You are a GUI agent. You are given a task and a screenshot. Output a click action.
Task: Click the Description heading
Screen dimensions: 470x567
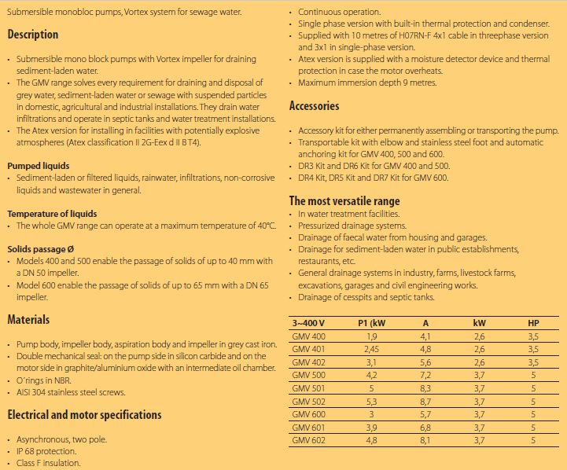pos(33,35)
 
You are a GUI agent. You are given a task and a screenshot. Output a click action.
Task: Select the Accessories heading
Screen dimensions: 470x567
pos(315,106)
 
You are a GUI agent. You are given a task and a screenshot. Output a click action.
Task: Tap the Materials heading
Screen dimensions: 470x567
pos(28,320)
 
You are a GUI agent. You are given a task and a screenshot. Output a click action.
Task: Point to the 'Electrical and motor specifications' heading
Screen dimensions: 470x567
pos(84,414)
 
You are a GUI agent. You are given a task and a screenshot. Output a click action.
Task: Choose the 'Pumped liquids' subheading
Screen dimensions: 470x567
pos(39,167)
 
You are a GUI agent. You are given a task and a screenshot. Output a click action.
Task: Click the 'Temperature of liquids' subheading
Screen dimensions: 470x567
pos(52,214)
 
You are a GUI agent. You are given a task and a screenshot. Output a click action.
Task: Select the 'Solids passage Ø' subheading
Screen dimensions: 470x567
pos(42,248)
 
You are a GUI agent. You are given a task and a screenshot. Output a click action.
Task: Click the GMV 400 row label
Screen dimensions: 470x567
pos(308,336)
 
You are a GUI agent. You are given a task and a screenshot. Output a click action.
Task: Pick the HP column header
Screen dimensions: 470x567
pos(533,323)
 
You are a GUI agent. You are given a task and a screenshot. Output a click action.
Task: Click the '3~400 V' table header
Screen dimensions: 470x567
pos(308,323)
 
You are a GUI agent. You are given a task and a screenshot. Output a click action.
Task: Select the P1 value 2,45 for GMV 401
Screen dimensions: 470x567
pos(371,349)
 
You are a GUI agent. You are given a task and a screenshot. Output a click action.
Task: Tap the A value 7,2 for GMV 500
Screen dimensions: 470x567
pos(425,374)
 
